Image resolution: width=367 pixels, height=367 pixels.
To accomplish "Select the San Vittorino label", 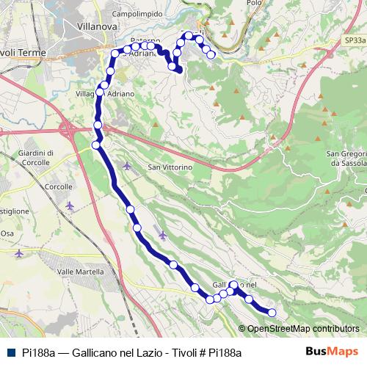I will tap(170, 167).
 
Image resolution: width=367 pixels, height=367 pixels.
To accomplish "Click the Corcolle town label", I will tap(58, 187).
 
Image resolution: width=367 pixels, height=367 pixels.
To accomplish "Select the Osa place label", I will tap(7, 233).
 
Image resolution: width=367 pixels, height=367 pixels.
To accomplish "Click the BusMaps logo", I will tap(333, 352).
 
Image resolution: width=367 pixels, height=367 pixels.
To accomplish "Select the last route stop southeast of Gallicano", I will tap(272, 313).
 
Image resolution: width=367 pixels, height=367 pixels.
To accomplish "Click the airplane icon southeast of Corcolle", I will tap(70, 206).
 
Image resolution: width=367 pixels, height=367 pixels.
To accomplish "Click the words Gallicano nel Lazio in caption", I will tap(114, 352).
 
